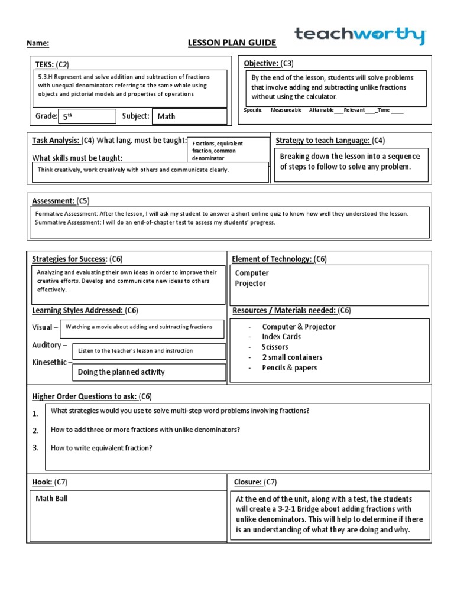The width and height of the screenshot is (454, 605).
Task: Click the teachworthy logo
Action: (x=359, y=36)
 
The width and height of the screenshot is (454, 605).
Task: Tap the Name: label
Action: (x=37, y=43)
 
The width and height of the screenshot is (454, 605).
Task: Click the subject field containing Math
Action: (x=189, y=116)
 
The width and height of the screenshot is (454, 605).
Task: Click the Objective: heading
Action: (x=261, y=63)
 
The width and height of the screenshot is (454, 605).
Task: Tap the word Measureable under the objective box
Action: (x=286, y=110)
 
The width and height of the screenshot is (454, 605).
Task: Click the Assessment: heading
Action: (x=53, y=201)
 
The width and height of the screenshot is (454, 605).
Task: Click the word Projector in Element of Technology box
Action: (x=251, y=284)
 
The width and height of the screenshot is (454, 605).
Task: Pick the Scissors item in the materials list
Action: (x=275, y=347)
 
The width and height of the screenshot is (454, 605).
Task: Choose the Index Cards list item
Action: (x=281, y=336)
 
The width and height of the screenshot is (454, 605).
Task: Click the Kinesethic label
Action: (x=50, y=362)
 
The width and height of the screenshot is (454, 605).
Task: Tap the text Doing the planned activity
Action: (x=121, y=372)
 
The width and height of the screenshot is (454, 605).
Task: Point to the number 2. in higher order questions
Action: (x=35, y=430)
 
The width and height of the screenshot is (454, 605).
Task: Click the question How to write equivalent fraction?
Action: (x=102, y=448)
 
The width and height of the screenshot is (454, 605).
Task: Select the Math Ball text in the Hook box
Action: (x=51, y=499)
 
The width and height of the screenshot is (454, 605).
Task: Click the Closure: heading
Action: (x=248, y=482)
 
